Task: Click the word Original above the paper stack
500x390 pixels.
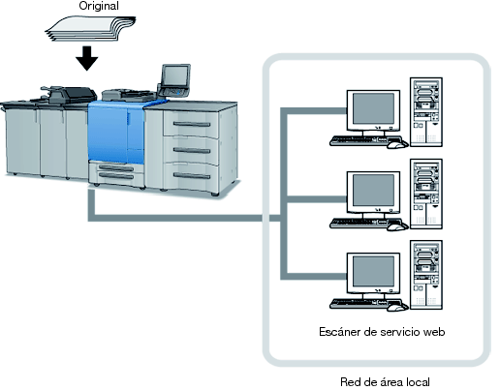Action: [99, 6]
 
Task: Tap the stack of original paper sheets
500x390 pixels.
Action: [90, 29]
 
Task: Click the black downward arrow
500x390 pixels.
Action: [87, 58]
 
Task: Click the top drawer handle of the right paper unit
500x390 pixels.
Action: [192, 124]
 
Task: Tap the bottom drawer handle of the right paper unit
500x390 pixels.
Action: [192, 175]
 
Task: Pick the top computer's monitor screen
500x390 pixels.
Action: [373, 108]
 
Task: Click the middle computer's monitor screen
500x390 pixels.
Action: [373, 191]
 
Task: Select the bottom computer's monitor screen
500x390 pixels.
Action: [373, 272]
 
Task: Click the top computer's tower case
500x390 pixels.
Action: [426, 112]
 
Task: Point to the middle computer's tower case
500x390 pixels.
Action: [426, 194]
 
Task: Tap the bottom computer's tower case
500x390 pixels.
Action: [426, 275]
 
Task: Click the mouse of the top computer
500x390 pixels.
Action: [397, 144]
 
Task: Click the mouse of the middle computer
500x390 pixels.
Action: [397, 226]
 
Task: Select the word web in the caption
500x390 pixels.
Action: [434, 332]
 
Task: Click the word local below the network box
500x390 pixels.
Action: [418, 382]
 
